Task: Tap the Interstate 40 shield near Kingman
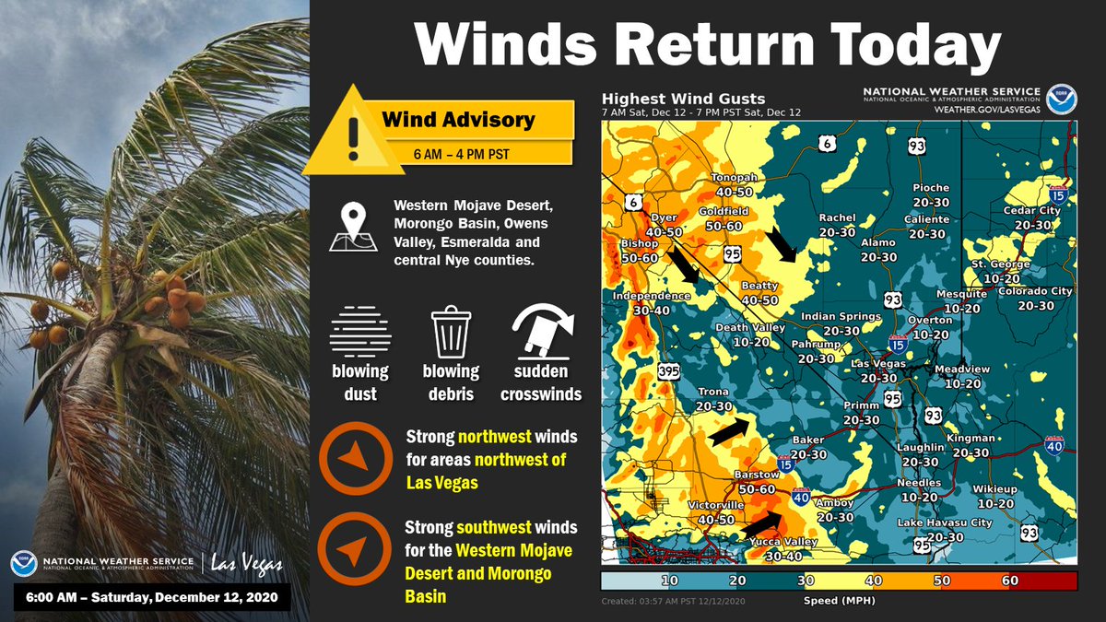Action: [x=1054, y=447]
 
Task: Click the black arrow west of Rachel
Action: [x=782, y=243]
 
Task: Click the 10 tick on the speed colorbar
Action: [x=670, y=581]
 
